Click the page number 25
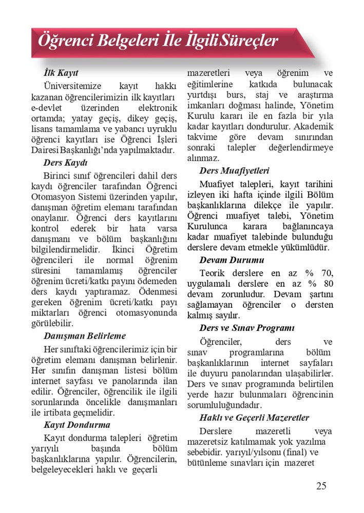click(x=321, y=486)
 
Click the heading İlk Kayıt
click(x=61, y=73)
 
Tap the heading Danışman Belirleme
click(x=85, y=336)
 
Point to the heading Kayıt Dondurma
click(x=76, y=425)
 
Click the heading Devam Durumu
click(x=232, y=260)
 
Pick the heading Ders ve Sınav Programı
click(x=247, y=327)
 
